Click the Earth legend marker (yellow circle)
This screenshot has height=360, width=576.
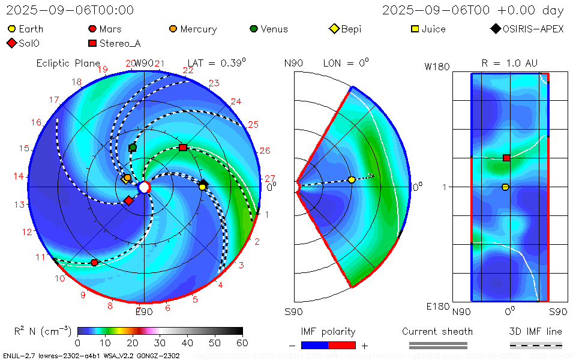click(x=12, y=29)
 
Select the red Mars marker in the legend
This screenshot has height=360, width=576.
click(x=92, y=29)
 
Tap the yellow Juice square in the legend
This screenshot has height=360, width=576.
click(x=415, y=29)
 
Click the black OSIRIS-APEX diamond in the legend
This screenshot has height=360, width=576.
click(x=495, y=29)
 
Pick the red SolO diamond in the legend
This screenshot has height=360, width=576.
click(x=12, y=43)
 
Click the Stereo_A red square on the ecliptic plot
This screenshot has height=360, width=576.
click(x=183, y=148)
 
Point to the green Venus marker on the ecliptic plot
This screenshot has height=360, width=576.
click(x=133, y=148)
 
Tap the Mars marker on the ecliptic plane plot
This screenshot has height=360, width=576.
click(x=94, y=262)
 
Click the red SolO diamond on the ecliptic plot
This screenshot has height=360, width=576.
click(x=128, y=200)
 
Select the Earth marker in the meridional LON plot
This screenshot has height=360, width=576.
click(x=352, y=180)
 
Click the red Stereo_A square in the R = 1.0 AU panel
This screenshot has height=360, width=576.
click(x=506, y=158)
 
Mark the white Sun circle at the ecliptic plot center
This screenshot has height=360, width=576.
click(x=144, y=187)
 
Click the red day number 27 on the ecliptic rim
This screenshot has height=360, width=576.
click(x=270, y=178)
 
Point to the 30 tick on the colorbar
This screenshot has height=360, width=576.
click(x=160, y=343)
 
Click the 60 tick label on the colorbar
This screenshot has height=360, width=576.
click(x=242, y=343)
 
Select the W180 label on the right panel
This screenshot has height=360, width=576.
click(x=437, y=67)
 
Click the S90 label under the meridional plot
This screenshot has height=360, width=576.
click(x=294, y=311)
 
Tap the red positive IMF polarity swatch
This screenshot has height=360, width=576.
click(x=342, y=345)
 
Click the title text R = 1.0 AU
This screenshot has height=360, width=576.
click(x=509, y=63)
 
